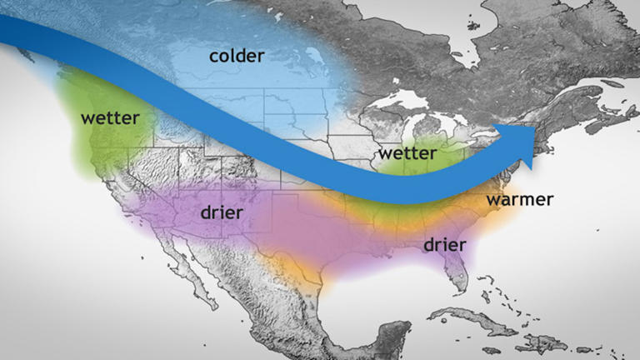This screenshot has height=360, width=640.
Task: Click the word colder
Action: point(237,57)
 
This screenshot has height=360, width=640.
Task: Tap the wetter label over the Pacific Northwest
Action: point(110,117)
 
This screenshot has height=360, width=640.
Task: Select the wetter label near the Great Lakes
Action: point(407,154)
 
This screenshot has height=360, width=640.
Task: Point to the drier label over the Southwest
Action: point(222,212)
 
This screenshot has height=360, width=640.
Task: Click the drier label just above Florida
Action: point(444,244)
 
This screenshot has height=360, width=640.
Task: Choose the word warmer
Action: point(520,200)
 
